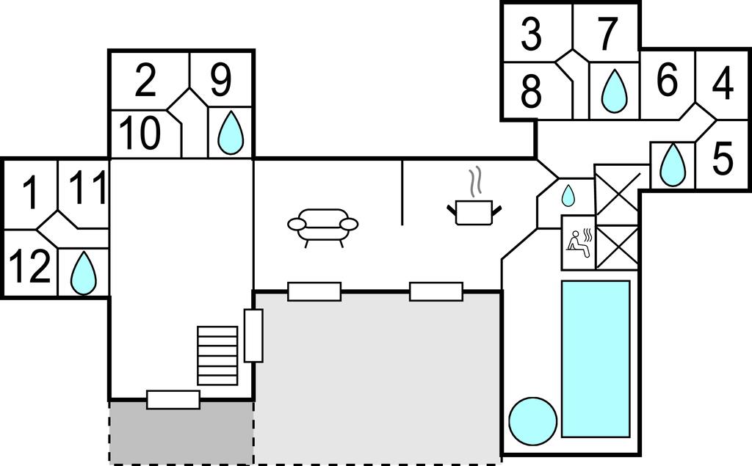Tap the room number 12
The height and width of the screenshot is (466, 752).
point(29,266)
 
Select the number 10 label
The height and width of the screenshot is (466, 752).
point(140,134)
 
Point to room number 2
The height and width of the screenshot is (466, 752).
point(146,80)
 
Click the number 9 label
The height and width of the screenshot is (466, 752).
point(221,80)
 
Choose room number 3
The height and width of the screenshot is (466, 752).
point(532,34)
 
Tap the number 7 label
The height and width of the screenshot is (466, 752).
point(607,34)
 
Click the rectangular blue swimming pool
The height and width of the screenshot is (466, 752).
point(595,359)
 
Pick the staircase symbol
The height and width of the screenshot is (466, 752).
point(217,356)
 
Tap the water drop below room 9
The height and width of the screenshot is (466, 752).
point(231,133)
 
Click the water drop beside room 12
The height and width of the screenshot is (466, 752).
point(84,273)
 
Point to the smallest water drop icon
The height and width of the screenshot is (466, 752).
point(568,196)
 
